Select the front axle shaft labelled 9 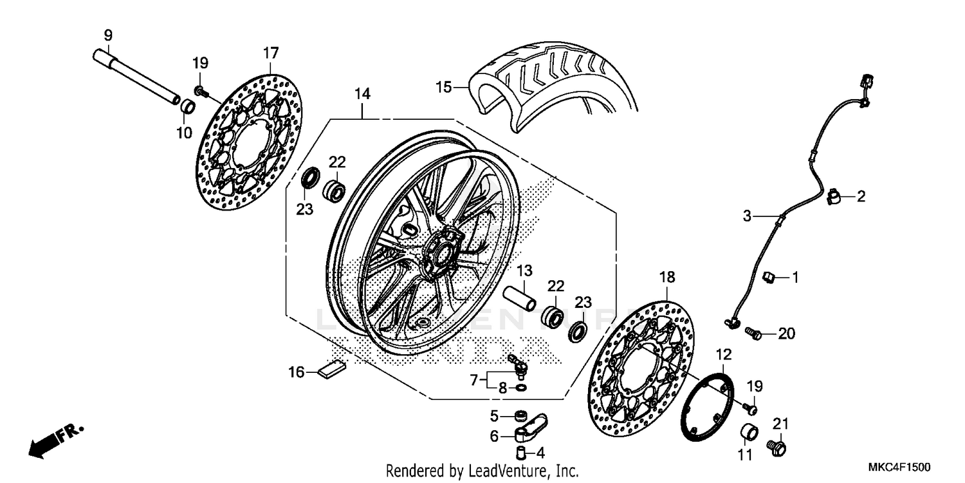pos(135,76)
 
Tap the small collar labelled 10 pos(187,107)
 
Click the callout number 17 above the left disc pos(270,52)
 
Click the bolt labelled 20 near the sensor pos(753,334)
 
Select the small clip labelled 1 pos(767,278)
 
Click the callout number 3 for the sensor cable pos(747,217)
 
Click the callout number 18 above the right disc pos(667,278)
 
